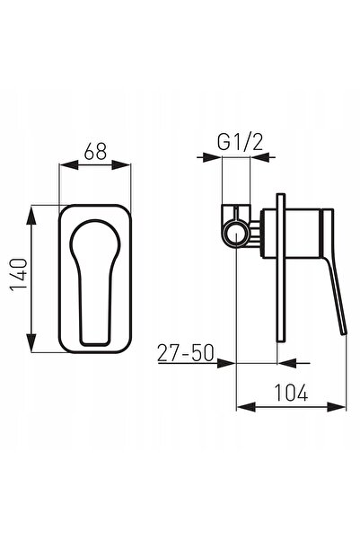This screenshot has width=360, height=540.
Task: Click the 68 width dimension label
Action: [x=95, y=151]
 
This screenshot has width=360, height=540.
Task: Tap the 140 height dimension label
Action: [x=19, y=274]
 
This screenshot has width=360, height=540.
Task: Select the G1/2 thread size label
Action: [x=241, y=142]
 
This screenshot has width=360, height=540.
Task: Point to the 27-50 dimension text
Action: [x=186, y=352]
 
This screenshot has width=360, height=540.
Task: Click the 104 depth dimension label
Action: [x=291, y=393]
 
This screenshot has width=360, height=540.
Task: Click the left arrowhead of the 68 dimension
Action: [x=69, y=165]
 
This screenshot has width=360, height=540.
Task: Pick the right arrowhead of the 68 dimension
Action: [x=121, y=165]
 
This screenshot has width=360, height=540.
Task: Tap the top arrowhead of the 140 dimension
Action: [x=31, y=216]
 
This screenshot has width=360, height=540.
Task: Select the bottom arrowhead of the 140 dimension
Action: [x=31, y=342]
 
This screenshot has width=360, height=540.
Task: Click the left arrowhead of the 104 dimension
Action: [x=246, y=407]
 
